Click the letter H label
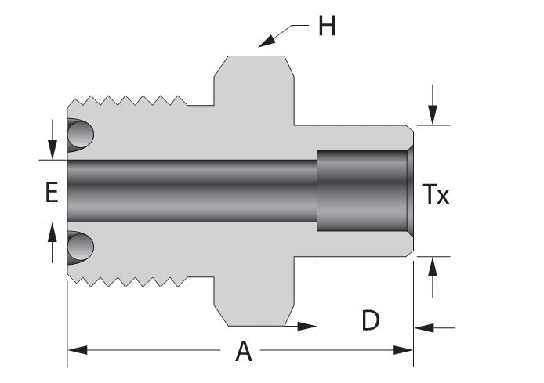(x=326, y=27)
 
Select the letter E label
(x=51, y=192)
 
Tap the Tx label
(x=436, y=194)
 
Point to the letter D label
(x=371, y=320)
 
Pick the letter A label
(x=245, y=352)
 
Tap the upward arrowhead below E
(x=53, y=231)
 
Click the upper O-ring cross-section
(x=79, y=135)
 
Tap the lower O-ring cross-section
(x=79, y=248)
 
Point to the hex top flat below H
(x=255, y=57)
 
